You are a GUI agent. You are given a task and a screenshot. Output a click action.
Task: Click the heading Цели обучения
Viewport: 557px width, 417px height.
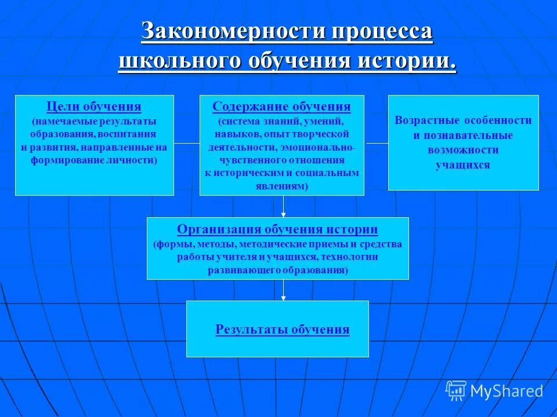tap(94, 107)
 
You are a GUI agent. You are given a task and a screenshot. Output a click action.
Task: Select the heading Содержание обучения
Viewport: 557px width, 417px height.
tap(281, 107)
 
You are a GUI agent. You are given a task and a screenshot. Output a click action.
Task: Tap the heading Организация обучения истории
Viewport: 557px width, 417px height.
tap(277, 229)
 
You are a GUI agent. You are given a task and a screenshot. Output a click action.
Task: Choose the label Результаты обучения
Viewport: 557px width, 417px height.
tap(283, 330)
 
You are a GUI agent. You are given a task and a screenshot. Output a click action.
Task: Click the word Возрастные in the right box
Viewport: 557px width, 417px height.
tap(426, 120)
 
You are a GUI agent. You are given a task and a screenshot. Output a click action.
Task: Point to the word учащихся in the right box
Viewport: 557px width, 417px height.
tap(463, 165)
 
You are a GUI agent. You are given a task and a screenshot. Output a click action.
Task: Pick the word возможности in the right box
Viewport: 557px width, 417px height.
tap(463, 150)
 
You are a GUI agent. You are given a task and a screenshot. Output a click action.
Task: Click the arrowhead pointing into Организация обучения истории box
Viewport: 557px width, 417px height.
tap(283, 214)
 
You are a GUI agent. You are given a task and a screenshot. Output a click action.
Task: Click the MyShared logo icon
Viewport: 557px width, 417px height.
tap(456, 390)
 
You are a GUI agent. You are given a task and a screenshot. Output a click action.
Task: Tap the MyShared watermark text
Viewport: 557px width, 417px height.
tap(507, 392)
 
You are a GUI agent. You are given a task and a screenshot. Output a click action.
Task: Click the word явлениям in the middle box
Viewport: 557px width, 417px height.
tap(281, 186)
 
